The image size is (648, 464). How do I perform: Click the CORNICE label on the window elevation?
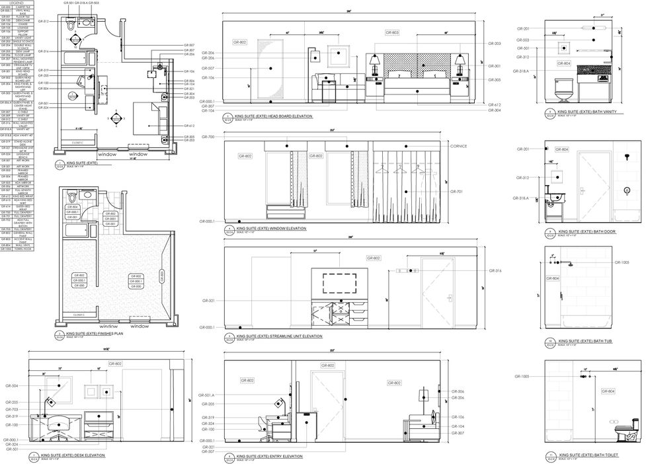coord(458,146)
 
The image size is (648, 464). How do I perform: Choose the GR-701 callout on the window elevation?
coord(457,191)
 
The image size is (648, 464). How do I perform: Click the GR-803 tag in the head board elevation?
coord(392,32)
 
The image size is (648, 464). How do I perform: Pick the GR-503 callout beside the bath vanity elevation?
coord(522,40)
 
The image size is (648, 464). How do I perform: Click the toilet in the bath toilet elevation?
coord(624,433)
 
